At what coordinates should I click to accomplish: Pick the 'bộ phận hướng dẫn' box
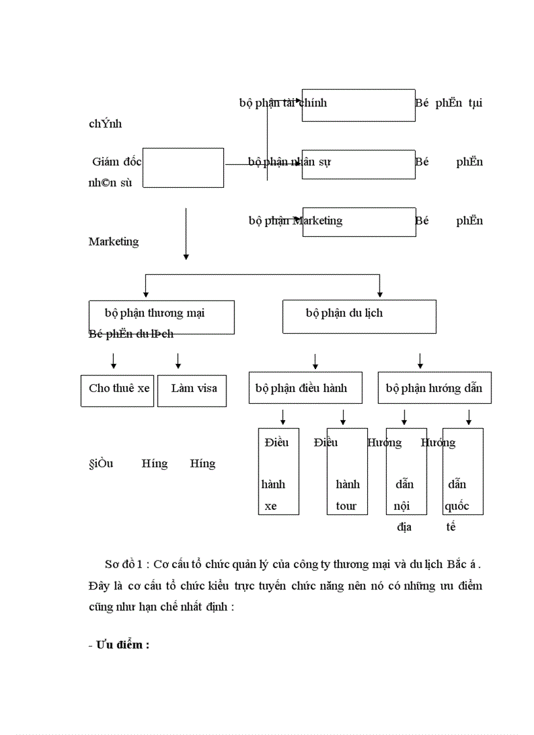(x=434, y=388)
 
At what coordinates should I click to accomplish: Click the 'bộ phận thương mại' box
(x=161, y=316)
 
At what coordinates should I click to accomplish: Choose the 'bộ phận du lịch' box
(x=359, y=316)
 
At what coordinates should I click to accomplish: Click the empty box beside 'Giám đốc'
(x=183, y=168)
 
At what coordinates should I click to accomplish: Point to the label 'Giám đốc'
(x=117, y=162)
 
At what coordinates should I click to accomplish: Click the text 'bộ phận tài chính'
(x=283, y=103)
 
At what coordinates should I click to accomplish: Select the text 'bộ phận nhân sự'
(x=289, y=162)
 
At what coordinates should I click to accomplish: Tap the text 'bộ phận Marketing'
(x=295, y=221)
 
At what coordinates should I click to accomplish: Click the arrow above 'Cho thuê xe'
(x=114, y=361)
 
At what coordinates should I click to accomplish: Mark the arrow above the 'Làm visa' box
(x=178, y=361)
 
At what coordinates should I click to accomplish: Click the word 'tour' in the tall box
(x=346, y=506)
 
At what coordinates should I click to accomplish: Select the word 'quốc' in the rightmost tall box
(x=457, y=506)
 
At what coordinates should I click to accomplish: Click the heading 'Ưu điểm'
(x=122, y=645)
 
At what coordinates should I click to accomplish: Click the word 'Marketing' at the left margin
(x=114, y=242)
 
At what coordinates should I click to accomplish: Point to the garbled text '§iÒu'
(x=101, y=463)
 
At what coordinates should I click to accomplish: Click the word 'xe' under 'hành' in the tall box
(x=271, y=506)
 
